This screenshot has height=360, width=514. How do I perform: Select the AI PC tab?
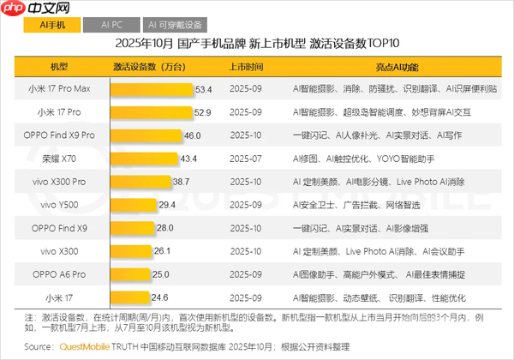pos(111,27)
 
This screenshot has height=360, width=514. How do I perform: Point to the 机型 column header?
pos(60,65)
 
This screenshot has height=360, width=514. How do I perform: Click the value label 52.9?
pos(203,111)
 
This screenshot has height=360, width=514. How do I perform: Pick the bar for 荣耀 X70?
pos(144,158)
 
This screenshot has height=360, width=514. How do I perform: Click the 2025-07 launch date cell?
pos(247,158)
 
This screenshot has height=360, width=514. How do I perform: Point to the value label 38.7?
pos(180,181)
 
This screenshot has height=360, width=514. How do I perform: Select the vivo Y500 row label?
pos(60,204)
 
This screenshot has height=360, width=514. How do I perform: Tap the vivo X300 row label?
pos(60,250)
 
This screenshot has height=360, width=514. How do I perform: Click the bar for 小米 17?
pos(129,297)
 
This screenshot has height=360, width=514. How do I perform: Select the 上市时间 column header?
pos(247,65)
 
